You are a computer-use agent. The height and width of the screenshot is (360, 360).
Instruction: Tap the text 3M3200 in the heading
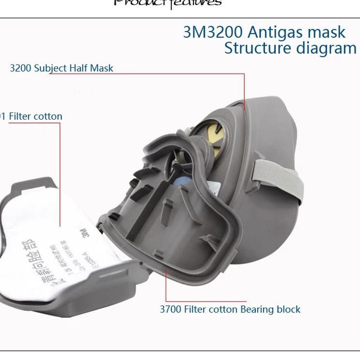213,32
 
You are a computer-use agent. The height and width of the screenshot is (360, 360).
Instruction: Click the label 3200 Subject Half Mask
62,68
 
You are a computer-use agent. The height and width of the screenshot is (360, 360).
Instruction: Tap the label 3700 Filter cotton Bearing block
230,309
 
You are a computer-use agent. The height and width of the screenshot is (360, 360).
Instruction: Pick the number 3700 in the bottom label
171,309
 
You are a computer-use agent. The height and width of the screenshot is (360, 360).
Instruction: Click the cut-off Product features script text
167,3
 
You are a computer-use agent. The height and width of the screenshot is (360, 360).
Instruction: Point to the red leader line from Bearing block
166,286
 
